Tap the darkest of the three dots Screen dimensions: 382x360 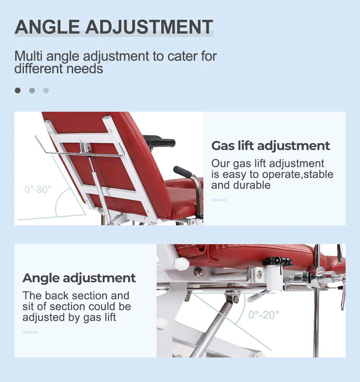pos(18,90)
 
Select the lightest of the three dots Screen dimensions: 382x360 pos(46,90)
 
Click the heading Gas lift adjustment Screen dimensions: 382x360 pos(270,146)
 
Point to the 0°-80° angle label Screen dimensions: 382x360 pos(38,190)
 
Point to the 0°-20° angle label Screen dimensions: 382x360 pos(264,315)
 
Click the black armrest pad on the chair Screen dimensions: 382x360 pos(159,142)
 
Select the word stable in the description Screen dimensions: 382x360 pos(317,174)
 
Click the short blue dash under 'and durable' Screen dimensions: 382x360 pos(219,200)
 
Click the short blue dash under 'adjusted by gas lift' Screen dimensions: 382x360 pos(30,332)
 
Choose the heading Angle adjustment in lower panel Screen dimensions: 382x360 pos(79,278)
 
